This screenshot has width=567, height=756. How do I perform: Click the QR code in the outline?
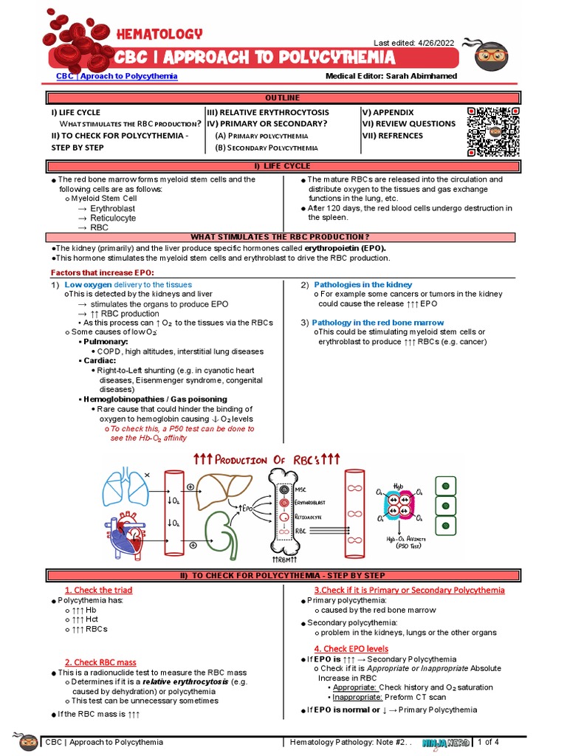click(x=494, y=131)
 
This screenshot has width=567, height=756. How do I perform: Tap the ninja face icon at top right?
click(x=491, y=56)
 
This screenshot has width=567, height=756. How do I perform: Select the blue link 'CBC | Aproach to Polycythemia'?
click(x=117, y=76)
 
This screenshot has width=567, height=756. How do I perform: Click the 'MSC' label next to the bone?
click(x=301, y=489)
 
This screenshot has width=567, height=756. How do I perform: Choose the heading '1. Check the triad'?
click(x=98, y=590)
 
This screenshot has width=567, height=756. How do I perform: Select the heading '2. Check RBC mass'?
click(x=100, y=662)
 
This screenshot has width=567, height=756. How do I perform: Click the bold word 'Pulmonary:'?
click(x=106, y=342)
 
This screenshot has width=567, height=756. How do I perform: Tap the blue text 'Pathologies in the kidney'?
click(x=362, y=284)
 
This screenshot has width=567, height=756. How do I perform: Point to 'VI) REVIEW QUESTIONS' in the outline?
click(x=408, y=124)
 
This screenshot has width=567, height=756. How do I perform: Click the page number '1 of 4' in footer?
click(x=489, y=741)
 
